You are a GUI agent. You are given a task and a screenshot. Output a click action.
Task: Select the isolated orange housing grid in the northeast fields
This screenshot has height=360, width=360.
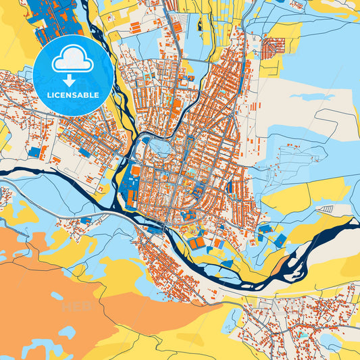[274, 48]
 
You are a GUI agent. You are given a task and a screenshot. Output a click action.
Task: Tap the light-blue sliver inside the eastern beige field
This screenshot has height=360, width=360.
[304, 97]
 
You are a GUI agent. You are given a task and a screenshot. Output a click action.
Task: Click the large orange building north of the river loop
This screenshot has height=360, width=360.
[177, 106]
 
